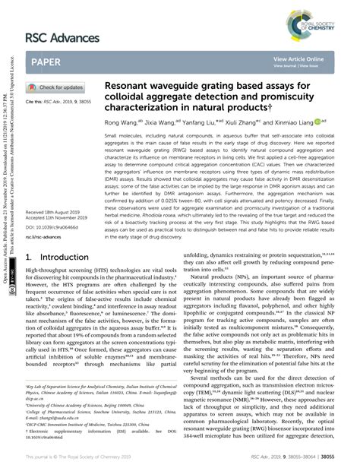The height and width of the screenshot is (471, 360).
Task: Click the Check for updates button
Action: coord(58,87)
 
